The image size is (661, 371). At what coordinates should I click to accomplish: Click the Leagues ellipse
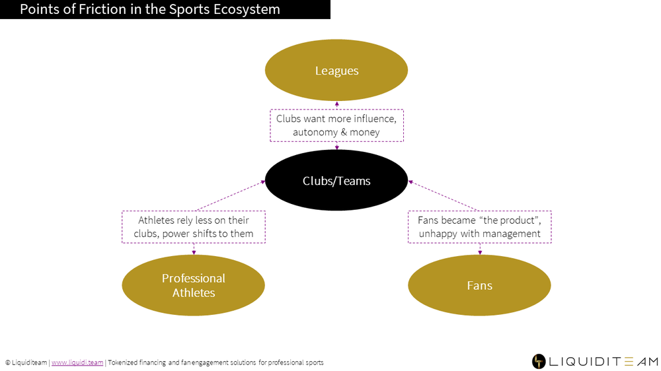pyautogui.click(x=336, y=71)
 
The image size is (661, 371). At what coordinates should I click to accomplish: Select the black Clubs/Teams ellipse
pyautogui.click(x=336, y=180)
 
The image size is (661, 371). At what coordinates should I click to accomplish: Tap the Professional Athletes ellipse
pyautogui.click(x=194, y=285)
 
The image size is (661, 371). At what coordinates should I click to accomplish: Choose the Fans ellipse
pyautogui.click(x=479, y=285)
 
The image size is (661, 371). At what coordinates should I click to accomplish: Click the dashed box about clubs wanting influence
pyautogui.click(x=337, y=125)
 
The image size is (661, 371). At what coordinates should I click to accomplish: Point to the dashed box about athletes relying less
pyautogui.click(x=194, y=227)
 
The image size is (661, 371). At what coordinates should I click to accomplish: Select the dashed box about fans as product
pyautogui.click(x=480, y=227)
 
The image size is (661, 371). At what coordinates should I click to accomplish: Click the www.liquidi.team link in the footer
pyautogui.click(x=77, y=362)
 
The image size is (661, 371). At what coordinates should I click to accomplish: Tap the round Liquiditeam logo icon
pyautogui.click(x=539, y=361)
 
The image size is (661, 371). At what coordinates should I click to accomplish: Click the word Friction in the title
pyautogui.click(x=104, y=9)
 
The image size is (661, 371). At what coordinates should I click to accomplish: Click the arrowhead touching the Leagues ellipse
pyautogui.click(x=337, y=104)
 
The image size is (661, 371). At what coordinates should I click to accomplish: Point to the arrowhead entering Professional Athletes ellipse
pyautogui.click(x=194, y=252)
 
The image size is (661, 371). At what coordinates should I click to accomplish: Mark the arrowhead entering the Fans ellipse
pyautogui.click(x=480, y=252)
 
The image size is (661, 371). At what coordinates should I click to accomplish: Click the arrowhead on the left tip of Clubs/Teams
pyautogui.click(x=263, y=182)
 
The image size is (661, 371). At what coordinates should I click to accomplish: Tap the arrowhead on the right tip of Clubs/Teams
pyautogui.click(x=410, y=182)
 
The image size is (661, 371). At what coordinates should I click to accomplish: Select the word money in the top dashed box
pyautogui.click(x=365, y=133)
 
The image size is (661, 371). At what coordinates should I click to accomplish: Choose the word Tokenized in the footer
pyautogui.click(x=123, y=362)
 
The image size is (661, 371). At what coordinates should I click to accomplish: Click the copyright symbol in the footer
pyautogui.click(x=7, y=362)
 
